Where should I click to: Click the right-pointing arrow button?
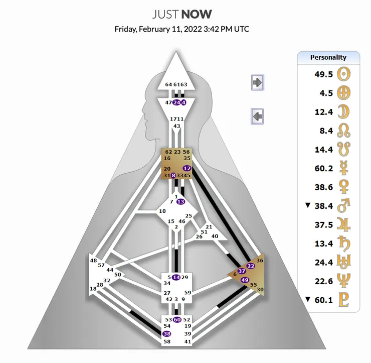click(x=257, y=83)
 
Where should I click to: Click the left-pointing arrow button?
click(x=257, y=117)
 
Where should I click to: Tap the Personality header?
click(x=328, y=57)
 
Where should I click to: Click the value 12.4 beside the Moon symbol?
click(x=323, y=112)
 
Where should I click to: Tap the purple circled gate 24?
click(x=176, y=102)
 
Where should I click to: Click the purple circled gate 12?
click(x=187, y=168)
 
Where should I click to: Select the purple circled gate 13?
click(x=180, y=201)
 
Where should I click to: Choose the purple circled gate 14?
click(x=176, y=277)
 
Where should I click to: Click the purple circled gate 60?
click(x=177, y=320)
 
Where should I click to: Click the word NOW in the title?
click(x=197, y=15)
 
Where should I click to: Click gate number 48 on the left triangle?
click(x=93, y=261)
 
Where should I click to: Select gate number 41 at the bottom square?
click(x=188, y=342)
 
